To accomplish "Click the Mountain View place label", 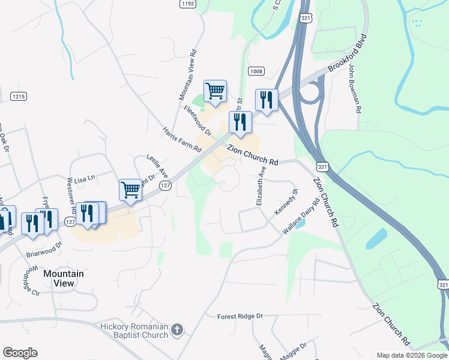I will point(63,278).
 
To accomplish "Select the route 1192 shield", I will point(188,4).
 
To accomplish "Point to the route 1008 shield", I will point(256,71).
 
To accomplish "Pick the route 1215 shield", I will point(19,96).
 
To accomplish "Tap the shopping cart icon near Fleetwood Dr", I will point(215,91).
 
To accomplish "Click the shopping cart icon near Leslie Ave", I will point(130,190).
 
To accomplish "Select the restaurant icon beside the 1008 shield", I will point(266,100).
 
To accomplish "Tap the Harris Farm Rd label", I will point(181,139).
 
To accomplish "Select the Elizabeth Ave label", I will point(261,187).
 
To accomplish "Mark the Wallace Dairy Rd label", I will point(301,217).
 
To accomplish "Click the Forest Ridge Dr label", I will point(240,316).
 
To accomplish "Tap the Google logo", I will point(20,353).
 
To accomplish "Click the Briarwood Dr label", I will point(44,250).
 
